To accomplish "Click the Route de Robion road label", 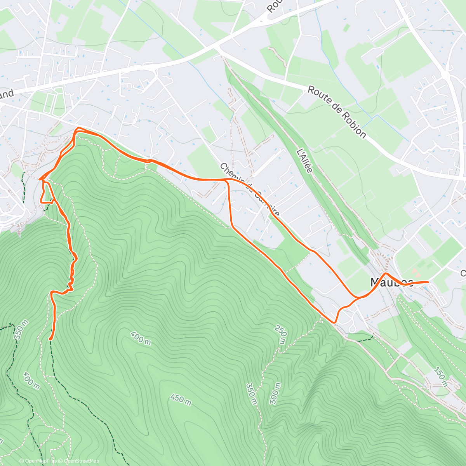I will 337,112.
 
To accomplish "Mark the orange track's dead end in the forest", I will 50,339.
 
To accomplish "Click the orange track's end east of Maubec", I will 428,282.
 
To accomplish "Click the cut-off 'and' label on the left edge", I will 7,95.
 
